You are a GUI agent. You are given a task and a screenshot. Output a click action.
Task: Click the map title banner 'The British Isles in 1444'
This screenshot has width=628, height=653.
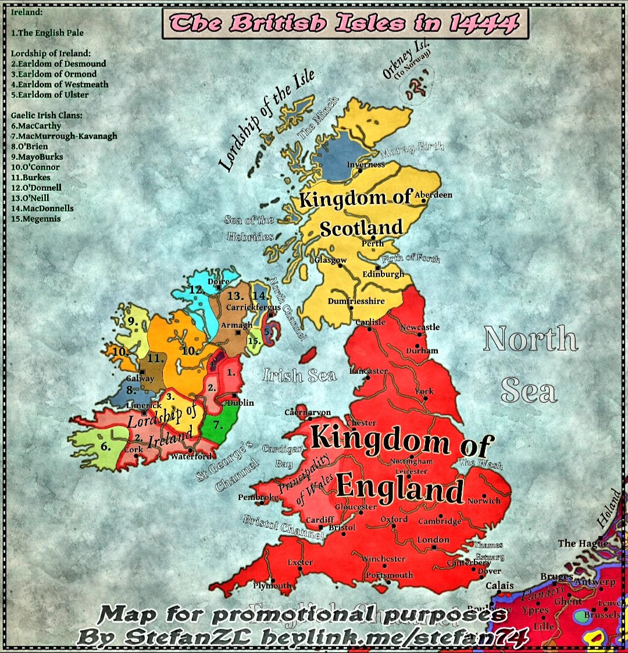[x=345, y=24]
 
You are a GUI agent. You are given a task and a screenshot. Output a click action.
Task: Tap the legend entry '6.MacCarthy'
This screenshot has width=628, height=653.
[x=36, y=126]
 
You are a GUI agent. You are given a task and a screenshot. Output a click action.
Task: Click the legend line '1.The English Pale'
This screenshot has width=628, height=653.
[x=47, y=33]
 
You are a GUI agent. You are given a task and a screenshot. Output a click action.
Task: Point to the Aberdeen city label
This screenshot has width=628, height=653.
[x=433, y=195]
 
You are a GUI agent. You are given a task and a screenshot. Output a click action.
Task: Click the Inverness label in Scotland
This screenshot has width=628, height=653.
[x=366, y=165]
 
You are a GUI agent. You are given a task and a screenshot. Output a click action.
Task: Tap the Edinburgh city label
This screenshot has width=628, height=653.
[x=383, y=274]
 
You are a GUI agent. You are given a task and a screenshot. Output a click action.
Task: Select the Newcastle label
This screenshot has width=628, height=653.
[x=420, y=327]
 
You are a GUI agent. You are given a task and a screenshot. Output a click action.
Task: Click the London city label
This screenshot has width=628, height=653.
[x=433, y=540]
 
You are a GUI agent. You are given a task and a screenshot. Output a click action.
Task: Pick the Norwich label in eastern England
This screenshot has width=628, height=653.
[x=484, y=500]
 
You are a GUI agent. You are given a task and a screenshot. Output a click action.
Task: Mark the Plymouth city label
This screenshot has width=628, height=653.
[x=272, y=586]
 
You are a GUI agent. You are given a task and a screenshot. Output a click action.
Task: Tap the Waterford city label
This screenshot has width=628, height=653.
[x=191, y=456]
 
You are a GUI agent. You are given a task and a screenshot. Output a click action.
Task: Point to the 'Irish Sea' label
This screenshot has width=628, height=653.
[x=299, y=375]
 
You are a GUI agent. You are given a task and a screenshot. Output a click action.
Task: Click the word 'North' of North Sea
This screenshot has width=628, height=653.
[x=530, y=338]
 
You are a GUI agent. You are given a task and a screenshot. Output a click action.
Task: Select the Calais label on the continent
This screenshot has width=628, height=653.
[x=499, y=585]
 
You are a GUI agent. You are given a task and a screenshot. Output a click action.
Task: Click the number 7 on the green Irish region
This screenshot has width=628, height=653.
[x=217, y=424]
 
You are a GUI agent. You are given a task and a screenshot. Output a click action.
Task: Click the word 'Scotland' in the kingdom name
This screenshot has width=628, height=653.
[x=361, y=228]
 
